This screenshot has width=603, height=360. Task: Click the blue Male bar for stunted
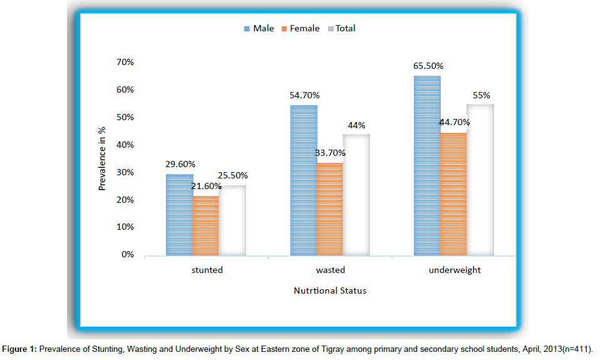click(x=179, y=215)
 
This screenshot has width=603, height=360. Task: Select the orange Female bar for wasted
click(x=329, y=209)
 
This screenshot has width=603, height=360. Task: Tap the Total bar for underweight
click(x=480, y=180)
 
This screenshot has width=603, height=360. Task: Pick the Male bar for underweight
click(x=428, y=165)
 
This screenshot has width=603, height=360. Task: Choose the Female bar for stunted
click(x=205, y=225)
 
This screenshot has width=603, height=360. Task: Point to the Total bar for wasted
click(x=356, y=195)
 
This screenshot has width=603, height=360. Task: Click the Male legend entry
click(x=259, y=28)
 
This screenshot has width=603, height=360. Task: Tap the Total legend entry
click(x=341, y=28)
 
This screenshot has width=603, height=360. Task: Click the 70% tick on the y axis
click(x=125, y=62)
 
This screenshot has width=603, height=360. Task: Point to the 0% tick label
click(x=128, y=255)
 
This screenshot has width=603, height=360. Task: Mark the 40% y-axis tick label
click(x=125, y=145)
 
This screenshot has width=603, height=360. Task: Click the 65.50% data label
click(x=427, y=66)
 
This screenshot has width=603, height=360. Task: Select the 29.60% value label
click(x=179, y=165)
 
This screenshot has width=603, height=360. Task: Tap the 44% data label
click(x=356, y=125)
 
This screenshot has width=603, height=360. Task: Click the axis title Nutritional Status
click(x=330, y=291)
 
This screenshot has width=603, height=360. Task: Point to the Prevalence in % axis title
click(x=102, y=158)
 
